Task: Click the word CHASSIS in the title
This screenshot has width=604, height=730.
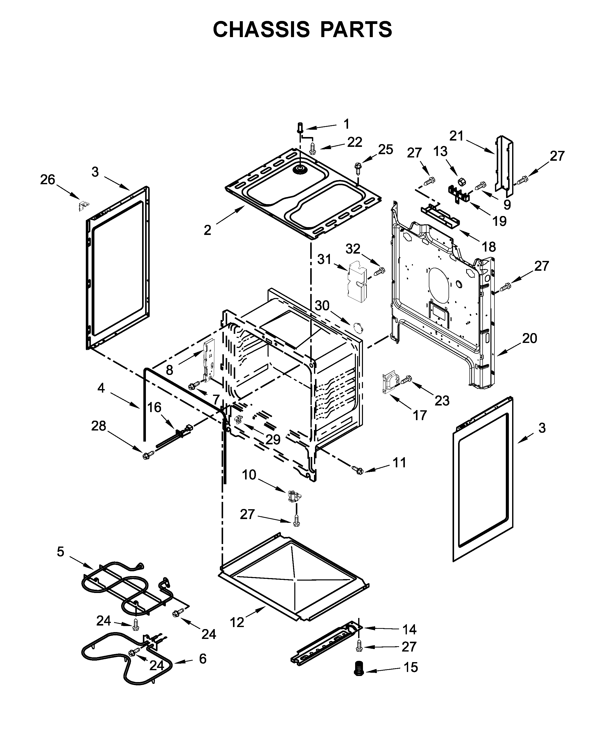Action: point(261,29)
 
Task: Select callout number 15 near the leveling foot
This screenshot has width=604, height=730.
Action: point(410,667)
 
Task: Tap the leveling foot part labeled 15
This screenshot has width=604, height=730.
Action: point(358,669)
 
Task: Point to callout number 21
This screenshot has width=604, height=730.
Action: point(457,136)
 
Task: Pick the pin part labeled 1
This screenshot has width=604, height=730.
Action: point(300,128)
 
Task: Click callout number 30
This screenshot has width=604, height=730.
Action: point(322,306)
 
